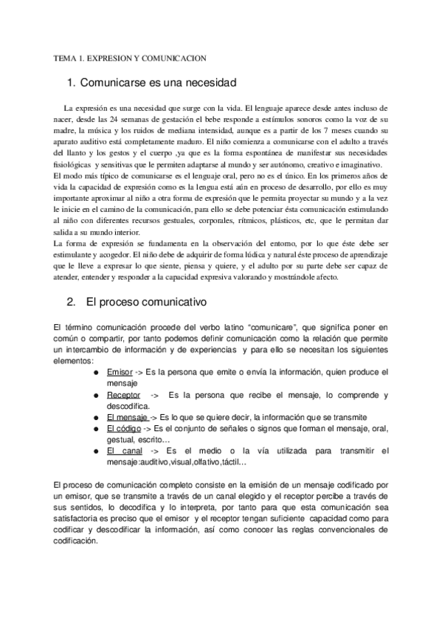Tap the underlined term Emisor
tap(120, 374)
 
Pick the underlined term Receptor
tap(124, 396)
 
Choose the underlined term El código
tap(124, 428)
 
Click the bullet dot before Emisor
tap(97, 374)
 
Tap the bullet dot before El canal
tap(97, 450)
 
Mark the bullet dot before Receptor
tap(97, 396)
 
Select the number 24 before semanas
tap(94, 120)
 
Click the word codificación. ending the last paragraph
tap(77, 541)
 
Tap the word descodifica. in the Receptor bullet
tap(128, 406)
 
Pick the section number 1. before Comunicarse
tap(71, 83)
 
